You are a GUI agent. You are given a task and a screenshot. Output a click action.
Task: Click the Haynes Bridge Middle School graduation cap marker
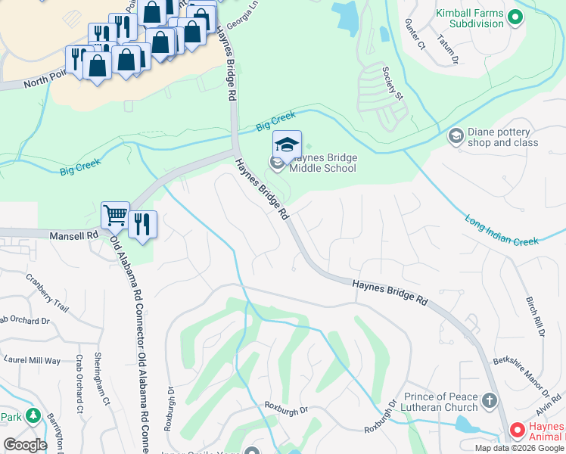(287, 145)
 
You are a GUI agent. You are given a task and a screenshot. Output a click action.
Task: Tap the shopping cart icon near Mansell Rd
(116, 216)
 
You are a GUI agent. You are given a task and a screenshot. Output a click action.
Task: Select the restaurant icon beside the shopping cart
(142, 224)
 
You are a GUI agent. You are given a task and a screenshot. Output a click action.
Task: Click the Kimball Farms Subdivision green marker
(516, 16)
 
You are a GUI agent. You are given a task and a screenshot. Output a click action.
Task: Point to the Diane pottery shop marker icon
(456, 135)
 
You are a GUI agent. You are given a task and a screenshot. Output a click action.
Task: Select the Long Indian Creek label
(501, 232)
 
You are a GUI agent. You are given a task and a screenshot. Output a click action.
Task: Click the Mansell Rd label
(75, 236)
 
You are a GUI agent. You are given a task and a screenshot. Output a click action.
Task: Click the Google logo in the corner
(26, 444)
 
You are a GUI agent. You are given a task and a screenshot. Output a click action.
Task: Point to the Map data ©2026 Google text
(520, 448)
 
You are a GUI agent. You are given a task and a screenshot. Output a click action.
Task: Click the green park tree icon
(32, 416)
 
